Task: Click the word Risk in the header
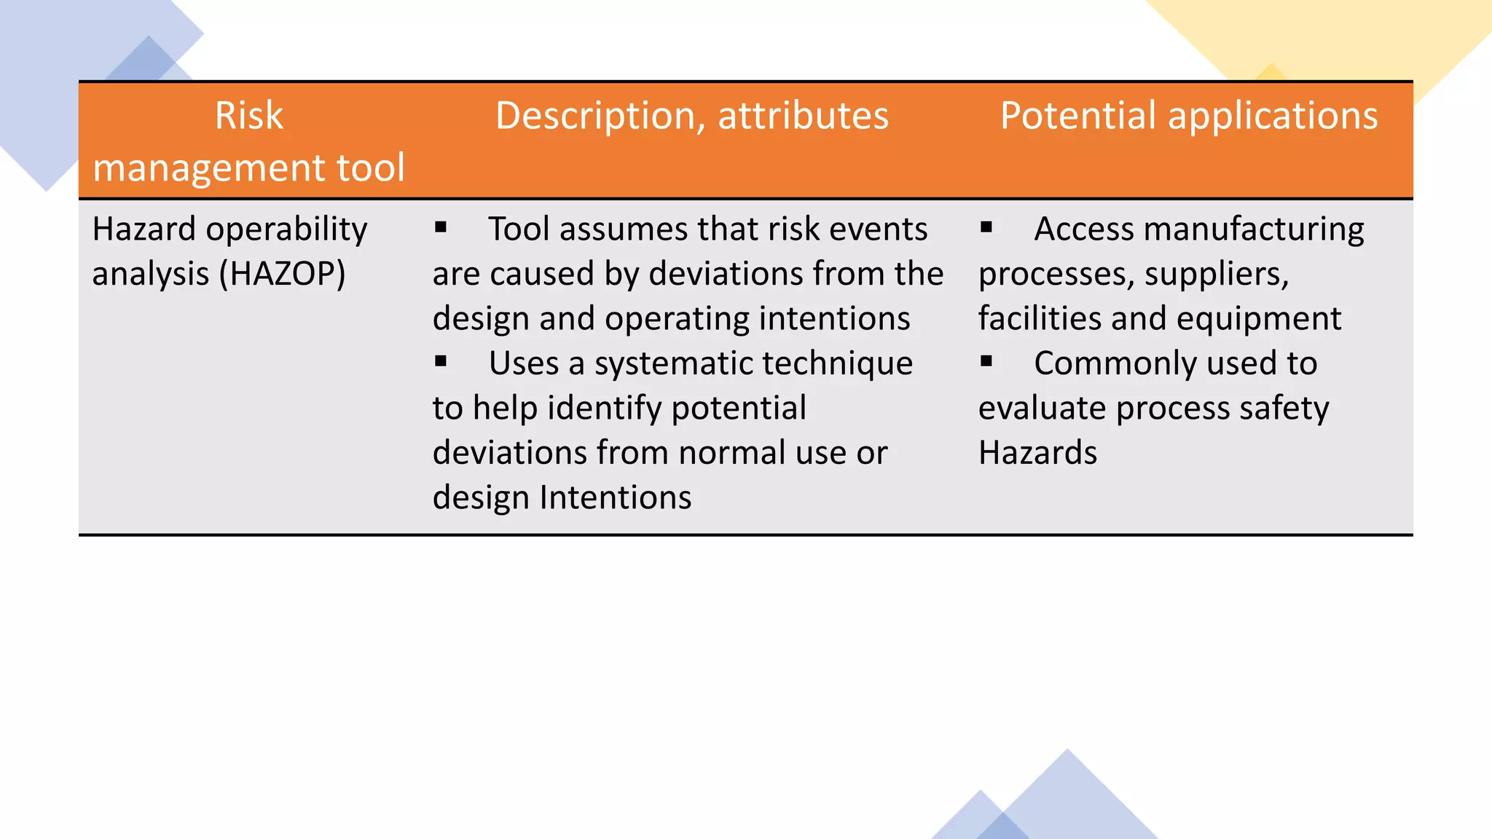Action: click(248, 116)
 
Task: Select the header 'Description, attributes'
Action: click(692, 116)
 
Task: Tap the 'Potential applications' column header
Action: click(1188, 116)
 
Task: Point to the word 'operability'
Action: click(287, 229)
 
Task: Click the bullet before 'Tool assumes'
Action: click(441, 227)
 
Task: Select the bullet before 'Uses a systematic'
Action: click(441, 361)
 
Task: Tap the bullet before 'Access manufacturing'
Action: click(986, 227)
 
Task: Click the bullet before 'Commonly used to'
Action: click(986, 361)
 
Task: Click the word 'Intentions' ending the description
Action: click(615, 497)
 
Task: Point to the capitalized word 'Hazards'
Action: click(1037, 453)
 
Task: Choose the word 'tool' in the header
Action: click(370, 168)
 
